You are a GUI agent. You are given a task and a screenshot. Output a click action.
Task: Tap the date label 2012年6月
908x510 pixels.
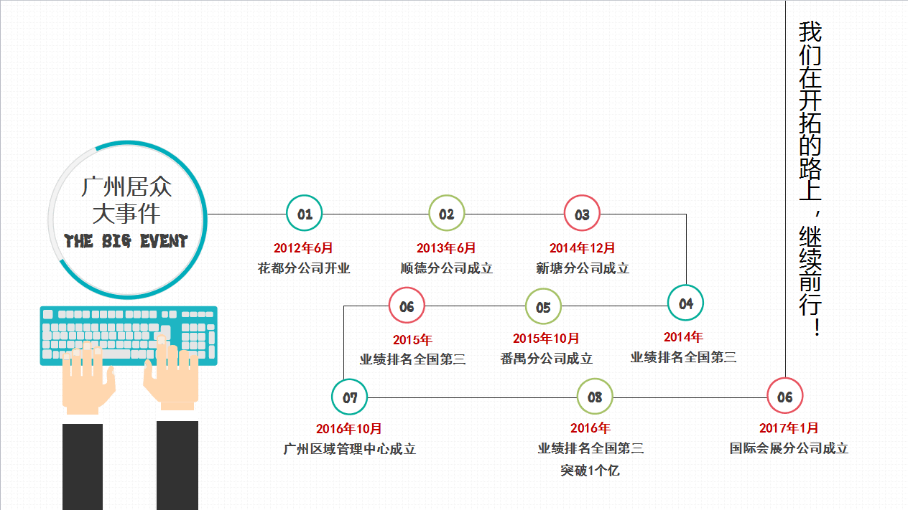pos(303,248)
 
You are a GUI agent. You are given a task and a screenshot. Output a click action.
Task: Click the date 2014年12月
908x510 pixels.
pos(582,248)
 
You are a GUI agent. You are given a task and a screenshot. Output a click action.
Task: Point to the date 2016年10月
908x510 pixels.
pos(349,429)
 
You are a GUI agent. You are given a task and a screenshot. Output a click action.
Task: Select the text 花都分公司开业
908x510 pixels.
pos(304,268)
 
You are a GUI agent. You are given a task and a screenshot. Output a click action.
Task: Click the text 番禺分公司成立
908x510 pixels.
pos(547,359)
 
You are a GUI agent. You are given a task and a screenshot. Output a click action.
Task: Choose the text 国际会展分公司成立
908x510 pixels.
pos(789,448)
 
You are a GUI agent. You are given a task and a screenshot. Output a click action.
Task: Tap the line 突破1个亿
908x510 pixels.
pos(590,471)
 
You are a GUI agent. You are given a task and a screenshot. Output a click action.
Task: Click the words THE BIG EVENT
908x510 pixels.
pos(126,241)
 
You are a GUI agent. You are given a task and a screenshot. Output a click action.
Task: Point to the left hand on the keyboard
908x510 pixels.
pos(88,377)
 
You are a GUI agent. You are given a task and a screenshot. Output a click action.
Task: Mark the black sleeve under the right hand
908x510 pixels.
pos(177,466)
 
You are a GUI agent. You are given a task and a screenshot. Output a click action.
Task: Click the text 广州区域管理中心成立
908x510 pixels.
pos(350,449)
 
